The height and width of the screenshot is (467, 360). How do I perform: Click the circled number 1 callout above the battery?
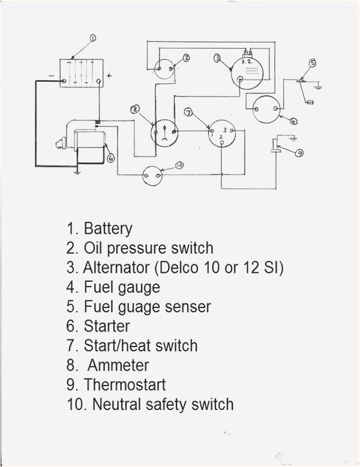[93, 38]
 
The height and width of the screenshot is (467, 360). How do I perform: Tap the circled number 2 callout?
[187, 58]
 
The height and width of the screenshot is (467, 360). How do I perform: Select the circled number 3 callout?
[217, 58]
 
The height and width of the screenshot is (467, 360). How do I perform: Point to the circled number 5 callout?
[312, 63]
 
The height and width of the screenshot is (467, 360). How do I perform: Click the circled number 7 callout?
[188, 112]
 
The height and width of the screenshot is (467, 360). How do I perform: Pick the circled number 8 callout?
[136, 109]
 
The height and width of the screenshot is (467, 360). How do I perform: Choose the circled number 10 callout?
[179, 165]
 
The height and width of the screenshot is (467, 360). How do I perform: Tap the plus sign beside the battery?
[109, 76]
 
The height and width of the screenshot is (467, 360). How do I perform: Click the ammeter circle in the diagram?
[164, 130]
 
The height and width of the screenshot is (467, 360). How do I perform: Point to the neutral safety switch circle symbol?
[152, 176]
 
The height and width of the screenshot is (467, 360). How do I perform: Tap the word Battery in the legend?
[108, 228]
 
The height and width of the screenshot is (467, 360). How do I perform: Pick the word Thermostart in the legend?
[125, 384]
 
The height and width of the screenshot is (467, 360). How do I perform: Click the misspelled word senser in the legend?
[188, 307]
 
